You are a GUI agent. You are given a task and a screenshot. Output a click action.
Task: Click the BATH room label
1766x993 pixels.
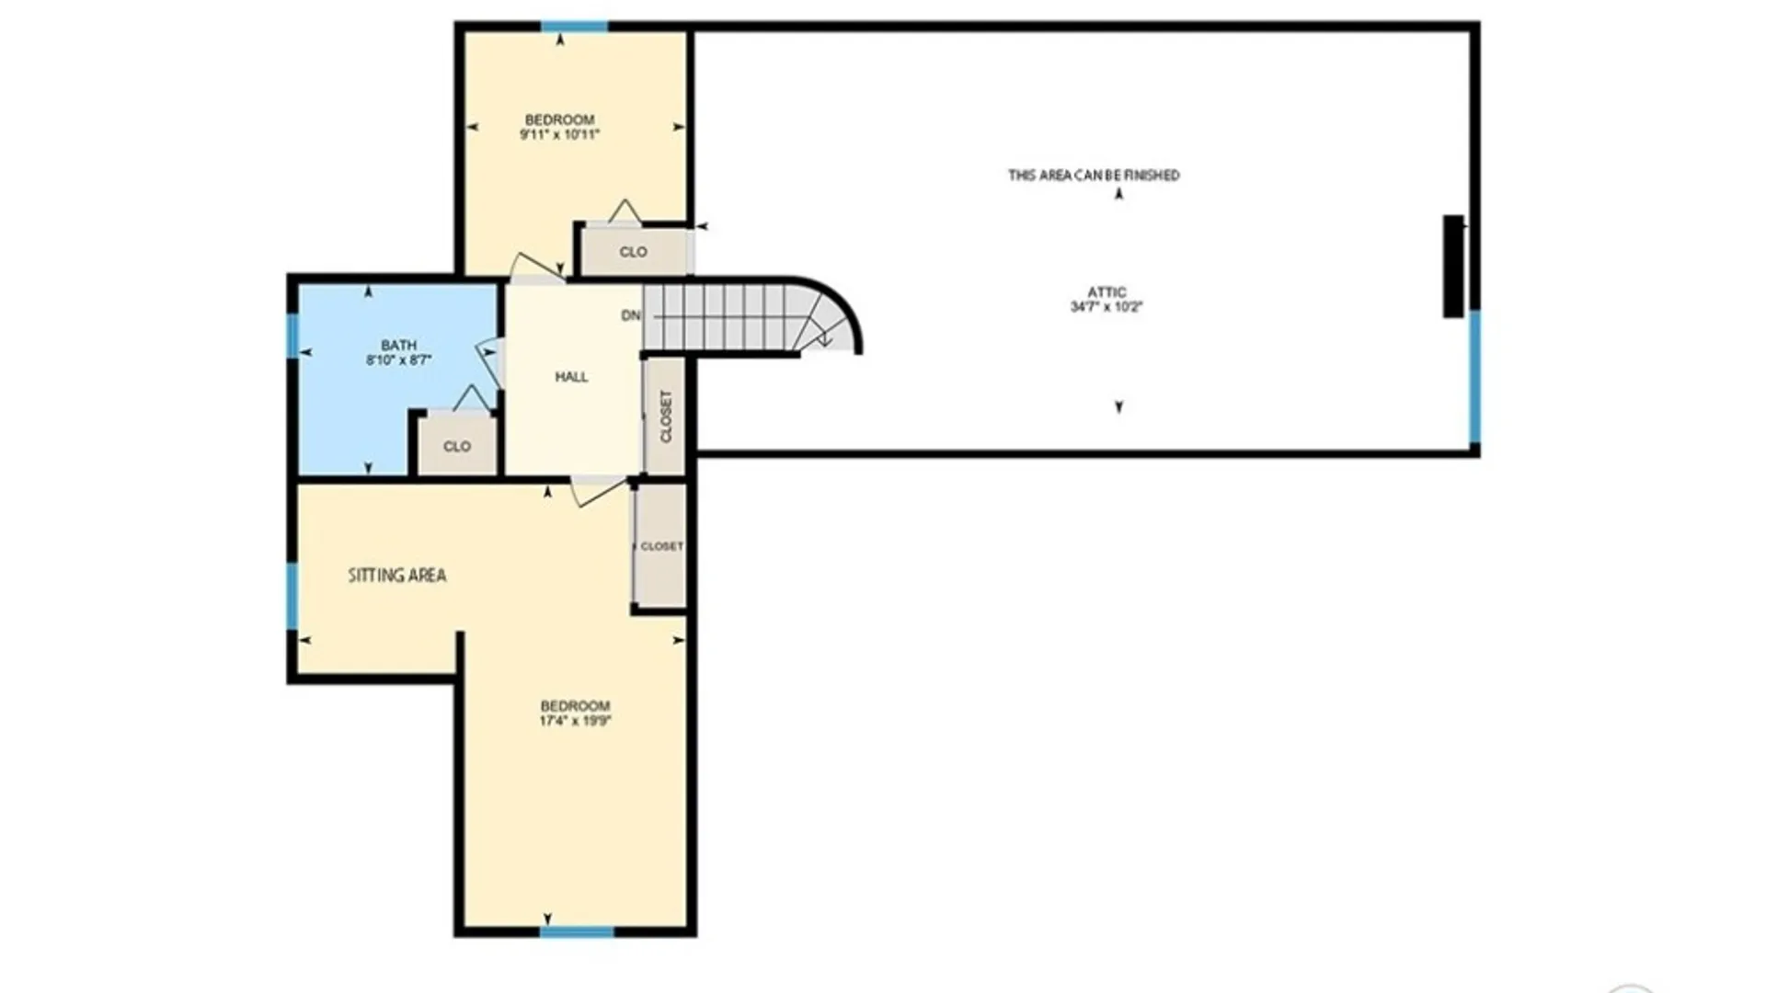[398, 346]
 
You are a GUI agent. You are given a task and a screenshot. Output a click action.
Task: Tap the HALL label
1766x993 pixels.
[571, 377]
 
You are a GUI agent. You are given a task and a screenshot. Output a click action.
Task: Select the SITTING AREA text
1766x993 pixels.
[396, 576]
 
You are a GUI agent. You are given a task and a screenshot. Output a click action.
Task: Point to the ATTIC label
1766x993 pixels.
[1107, 292]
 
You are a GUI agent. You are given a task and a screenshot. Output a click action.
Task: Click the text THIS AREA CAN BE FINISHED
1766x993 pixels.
[1094, 175]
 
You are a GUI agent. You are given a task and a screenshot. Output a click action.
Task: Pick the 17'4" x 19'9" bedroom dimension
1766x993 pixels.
[575, 721]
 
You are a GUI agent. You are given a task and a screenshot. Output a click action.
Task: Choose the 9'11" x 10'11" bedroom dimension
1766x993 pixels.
[559, 134]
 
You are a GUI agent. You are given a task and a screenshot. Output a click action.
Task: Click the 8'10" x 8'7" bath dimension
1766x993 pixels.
[398, 360]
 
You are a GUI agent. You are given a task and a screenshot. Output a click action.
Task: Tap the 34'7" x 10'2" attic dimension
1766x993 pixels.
[1106, 307]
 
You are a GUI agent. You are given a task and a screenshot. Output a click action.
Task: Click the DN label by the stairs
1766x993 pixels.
[631, 315]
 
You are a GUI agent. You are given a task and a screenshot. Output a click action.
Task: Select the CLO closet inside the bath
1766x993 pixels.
[457, 447]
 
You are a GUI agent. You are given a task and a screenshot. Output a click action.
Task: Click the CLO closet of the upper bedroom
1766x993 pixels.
[633, 252]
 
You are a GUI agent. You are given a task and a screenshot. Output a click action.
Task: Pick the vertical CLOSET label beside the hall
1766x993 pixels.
[666, 417]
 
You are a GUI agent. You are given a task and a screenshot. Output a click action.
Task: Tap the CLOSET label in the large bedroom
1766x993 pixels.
[661, 546]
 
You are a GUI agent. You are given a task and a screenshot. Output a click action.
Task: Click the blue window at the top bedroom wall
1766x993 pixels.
[574, 27]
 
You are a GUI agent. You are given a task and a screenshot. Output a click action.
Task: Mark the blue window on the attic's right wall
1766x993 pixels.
[1474, 377]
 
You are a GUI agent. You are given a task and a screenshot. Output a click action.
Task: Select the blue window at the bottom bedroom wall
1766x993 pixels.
[577, 931]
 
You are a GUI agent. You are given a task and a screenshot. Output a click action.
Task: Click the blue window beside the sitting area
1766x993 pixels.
[292, 596]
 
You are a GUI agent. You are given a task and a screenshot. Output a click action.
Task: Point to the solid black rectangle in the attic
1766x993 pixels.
[1452, 267]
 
